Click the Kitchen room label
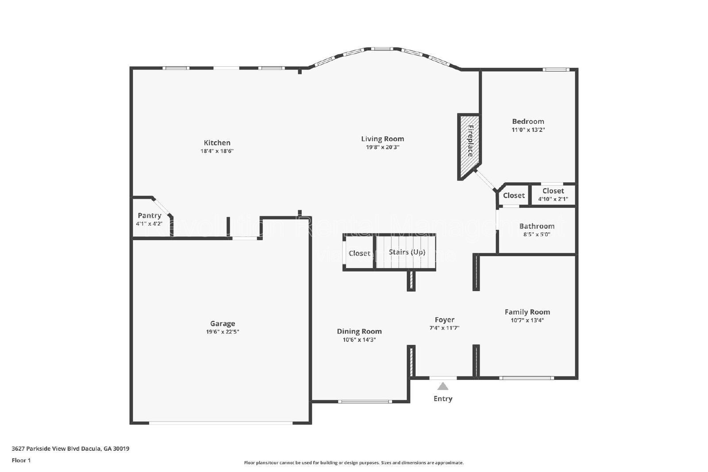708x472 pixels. [217, 142]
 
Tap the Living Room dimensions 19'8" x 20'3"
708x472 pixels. [382, 147]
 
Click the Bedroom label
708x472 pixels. [528, 121]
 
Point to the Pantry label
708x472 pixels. [149, 215]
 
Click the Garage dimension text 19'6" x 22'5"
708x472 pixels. [223, 332]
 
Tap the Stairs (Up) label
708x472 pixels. [407, 252]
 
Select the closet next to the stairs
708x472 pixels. [359, 253]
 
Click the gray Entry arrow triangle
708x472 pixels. [442, 386]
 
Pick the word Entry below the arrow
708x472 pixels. [442, 399]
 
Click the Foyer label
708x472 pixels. [444, 319]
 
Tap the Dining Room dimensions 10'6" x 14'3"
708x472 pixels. [359, 340]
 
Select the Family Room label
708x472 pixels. [527, 312]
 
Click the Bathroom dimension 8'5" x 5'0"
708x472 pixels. [536, 234]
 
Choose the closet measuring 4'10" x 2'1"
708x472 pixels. [553, 195]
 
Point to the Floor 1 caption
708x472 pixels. [21, 460]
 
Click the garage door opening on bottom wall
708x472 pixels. [220, 423]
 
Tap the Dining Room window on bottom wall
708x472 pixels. [365, 402]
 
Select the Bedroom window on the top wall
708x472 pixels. [556, 69]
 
